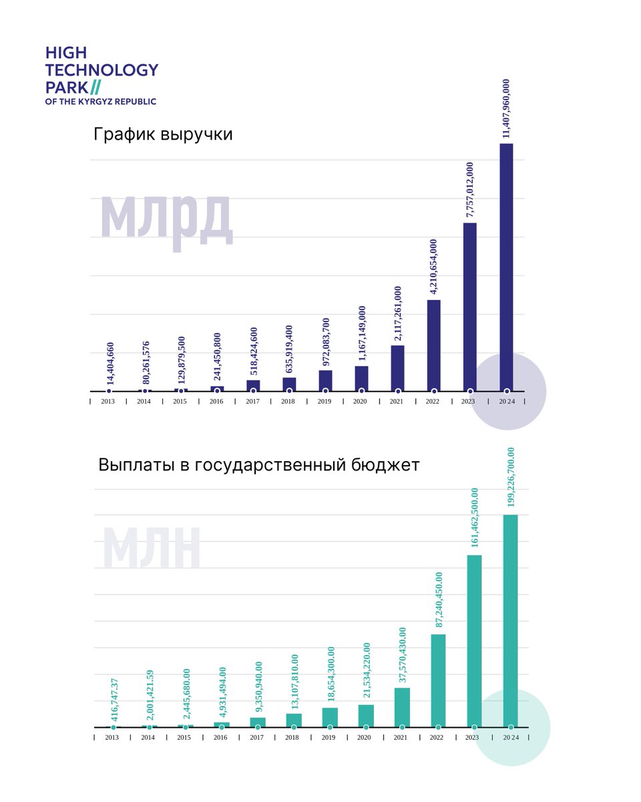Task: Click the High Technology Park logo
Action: pos(101,76)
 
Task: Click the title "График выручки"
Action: pos(163,134)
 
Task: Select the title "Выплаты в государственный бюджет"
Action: pos(258,464)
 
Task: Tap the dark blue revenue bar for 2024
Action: pos(506,267)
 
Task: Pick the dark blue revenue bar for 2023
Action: pos(470,307)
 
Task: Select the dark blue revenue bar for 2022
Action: pos(434,345)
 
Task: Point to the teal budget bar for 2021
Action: pos(402,706)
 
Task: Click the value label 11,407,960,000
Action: pos(506,108)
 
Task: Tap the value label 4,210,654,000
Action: pos(434,267)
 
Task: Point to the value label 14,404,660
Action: pos(110,364)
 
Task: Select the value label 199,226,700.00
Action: pos(511,477)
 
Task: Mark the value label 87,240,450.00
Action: pos(439,599)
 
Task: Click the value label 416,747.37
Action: pos(114,700)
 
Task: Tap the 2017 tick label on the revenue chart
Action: pos(252,402)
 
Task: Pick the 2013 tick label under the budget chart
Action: pos(112,737)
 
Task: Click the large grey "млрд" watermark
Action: pos(166,218)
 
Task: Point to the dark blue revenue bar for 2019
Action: pos(325,380)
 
